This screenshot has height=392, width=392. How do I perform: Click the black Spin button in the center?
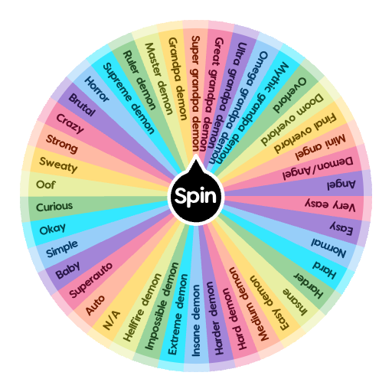[x=196, y=196]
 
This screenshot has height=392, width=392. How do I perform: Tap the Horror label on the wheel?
[x=96, y=89]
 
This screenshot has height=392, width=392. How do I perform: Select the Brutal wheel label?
[x=82, y=105]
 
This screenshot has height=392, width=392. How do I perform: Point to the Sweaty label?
[x=58, y=165]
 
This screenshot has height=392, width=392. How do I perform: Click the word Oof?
[x=46, y=185]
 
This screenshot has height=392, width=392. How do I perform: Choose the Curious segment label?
[x=54, y=207]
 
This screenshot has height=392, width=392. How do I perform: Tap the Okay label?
[x=53, y=229]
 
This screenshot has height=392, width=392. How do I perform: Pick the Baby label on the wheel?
[x=67, y=270]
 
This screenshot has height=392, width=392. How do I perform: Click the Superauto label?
[x=91, y=280]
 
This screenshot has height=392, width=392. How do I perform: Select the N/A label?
[x=111, y=320]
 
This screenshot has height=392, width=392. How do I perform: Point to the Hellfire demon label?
[x=142, y=308]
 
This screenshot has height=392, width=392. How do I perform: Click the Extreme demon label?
[x=178, y=314]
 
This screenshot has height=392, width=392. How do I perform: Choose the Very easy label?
[x=330, y=205]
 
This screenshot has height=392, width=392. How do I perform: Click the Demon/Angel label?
[x=318, y=168]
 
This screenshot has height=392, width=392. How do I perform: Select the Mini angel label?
[x=320, y=147]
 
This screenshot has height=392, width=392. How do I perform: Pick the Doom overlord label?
[x=292, y=119]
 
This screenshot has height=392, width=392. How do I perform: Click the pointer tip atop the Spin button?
[x=196, y=154]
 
